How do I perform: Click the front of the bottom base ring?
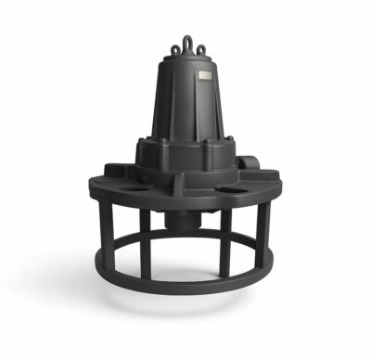click(x=185, y=288)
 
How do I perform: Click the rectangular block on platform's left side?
click(x=117, y=171)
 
